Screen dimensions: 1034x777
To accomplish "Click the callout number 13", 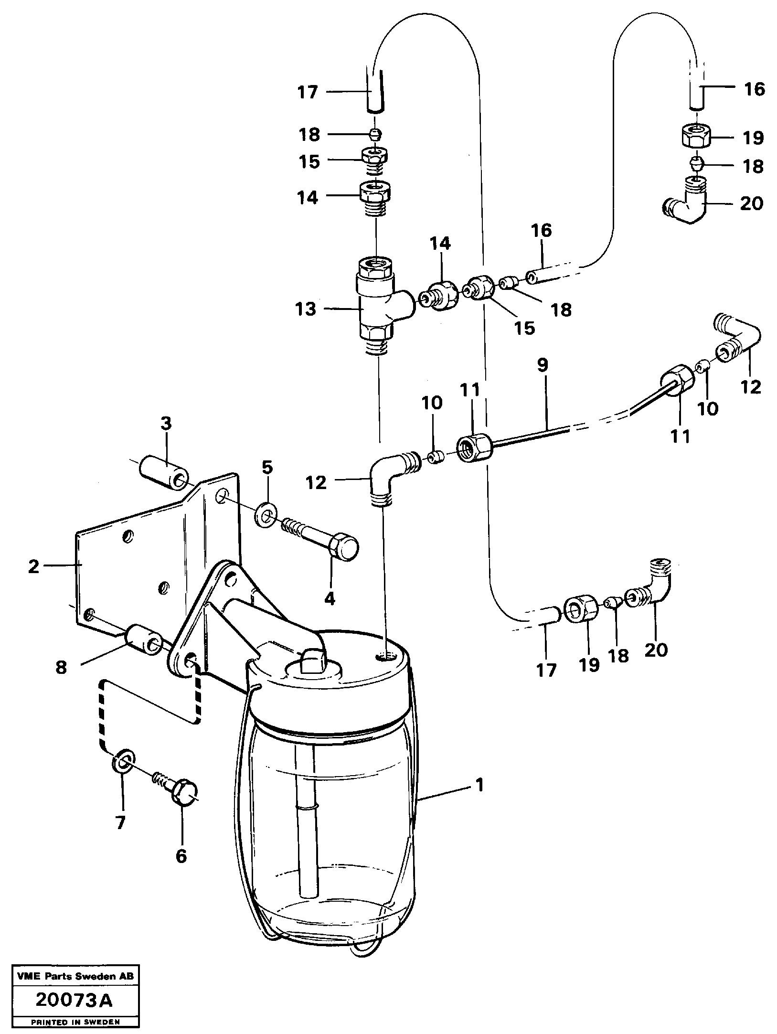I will pos(306,309).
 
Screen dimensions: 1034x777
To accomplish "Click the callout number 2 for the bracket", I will pos(33,567).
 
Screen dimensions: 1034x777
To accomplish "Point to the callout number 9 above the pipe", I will pos(543,366).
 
